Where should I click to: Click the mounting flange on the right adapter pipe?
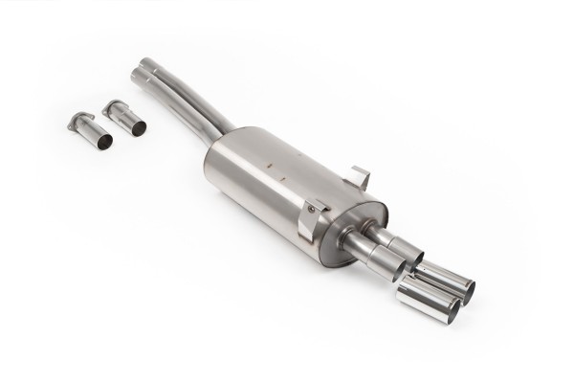pos(112,106)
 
